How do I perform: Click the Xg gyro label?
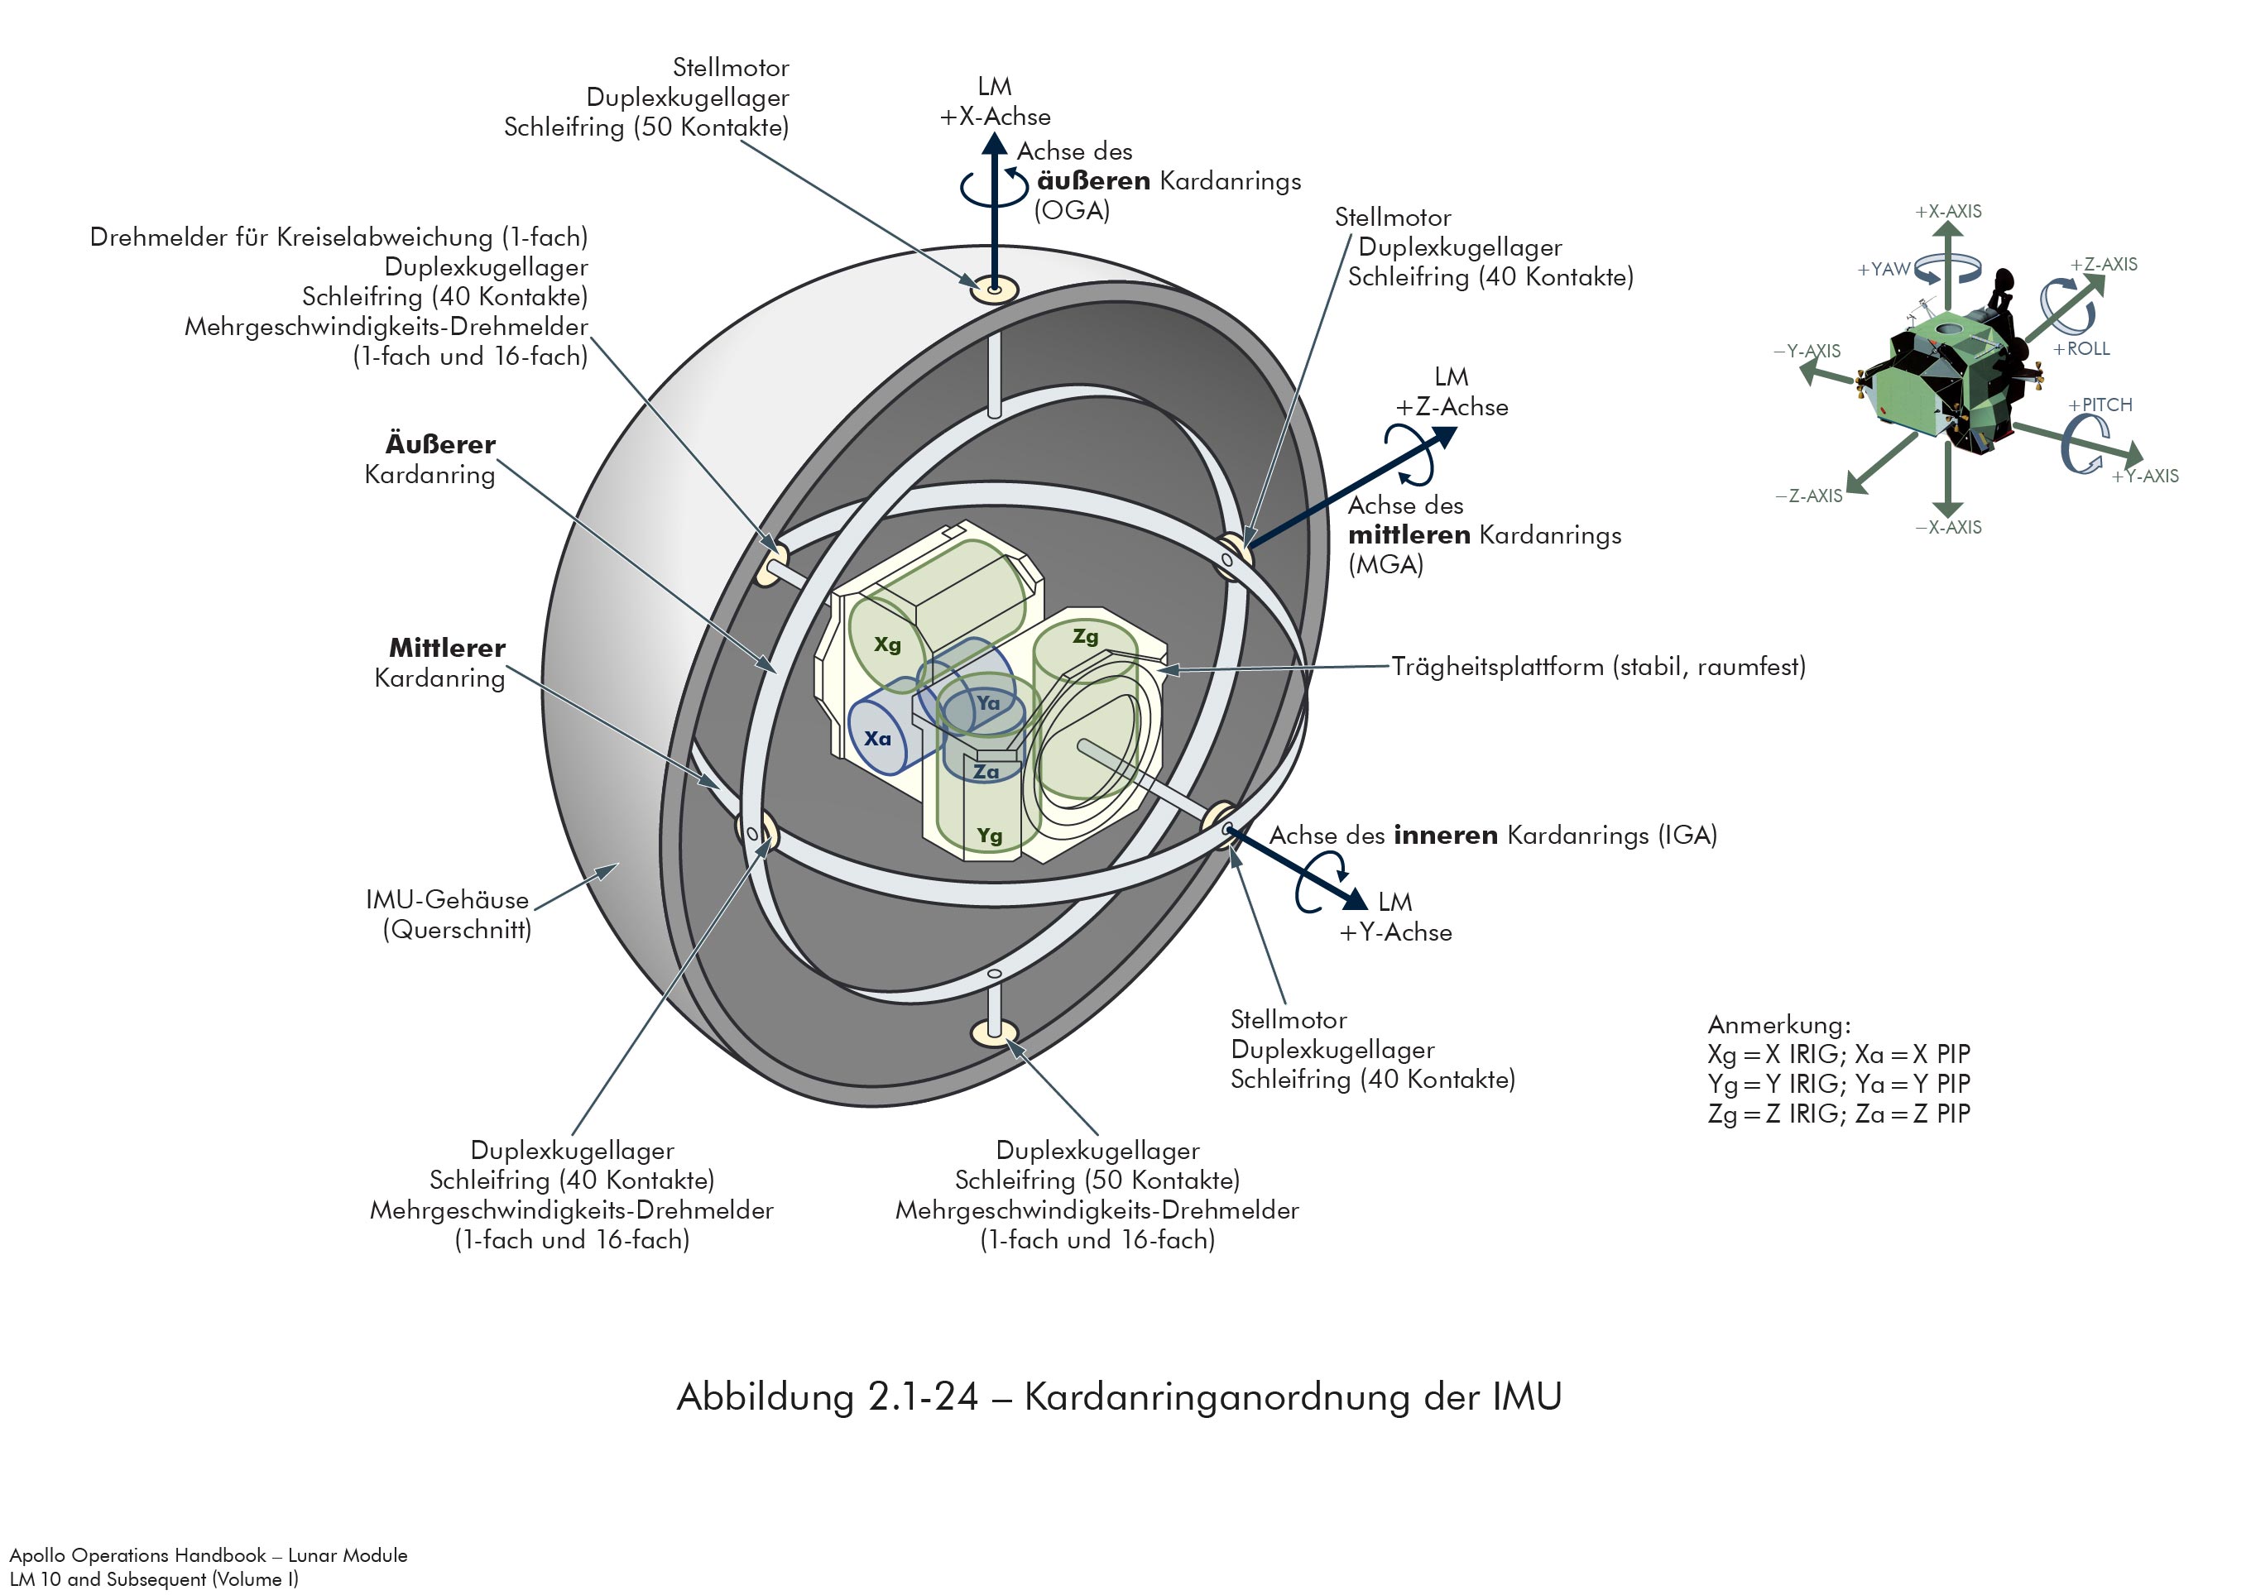pyautogui.click(x=887, y=644)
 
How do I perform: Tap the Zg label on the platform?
pyautogui.click(x=1085, y=636)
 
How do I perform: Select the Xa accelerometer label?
pyautogui.click(x=877, y=739)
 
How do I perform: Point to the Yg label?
pyautogui.click(x=990, y=836)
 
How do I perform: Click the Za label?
pyautogui.click(x=986, y=772)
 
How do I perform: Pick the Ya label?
pyautogui.click(x=987, y=703)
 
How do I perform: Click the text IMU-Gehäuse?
pyautogui.click(x=447, y=899)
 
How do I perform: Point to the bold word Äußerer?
pyautogui.click(x=440, y=445)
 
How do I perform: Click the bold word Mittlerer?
pyautogui.click(x=447, y=649)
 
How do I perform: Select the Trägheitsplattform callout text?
pyautogui.click(x=1597, y=667)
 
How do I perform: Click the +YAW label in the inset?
pyautogui.click(x=1883, y=269)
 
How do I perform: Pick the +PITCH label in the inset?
pyautogui.click(x=2100, y=405)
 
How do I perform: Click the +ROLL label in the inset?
pyautogui.click(x=2081, y=348)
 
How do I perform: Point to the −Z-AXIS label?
pyautogui.click(x=1809, y=496)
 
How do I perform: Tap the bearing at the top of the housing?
pyautogui.click(x=995, y=290)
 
